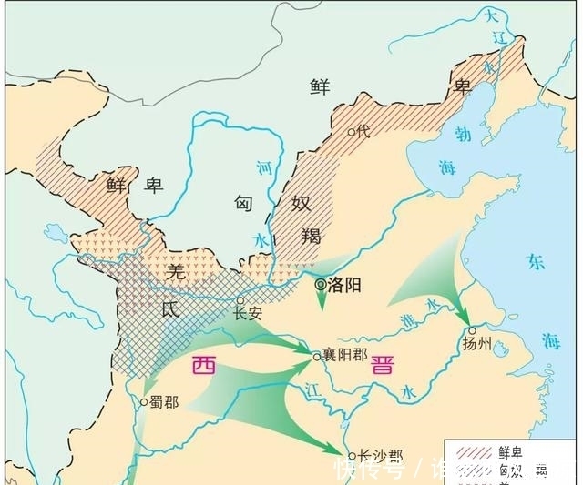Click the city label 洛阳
345,285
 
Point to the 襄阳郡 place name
347,356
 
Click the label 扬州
476,346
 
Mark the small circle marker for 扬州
471,330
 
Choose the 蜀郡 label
165,401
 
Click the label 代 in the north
363,131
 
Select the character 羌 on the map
177,269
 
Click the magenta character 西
204,367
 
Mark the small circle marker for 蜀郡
144,400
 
